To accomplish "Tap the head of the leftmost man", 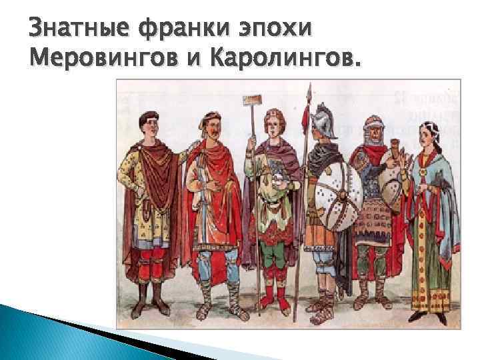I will tap(146, 124).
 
